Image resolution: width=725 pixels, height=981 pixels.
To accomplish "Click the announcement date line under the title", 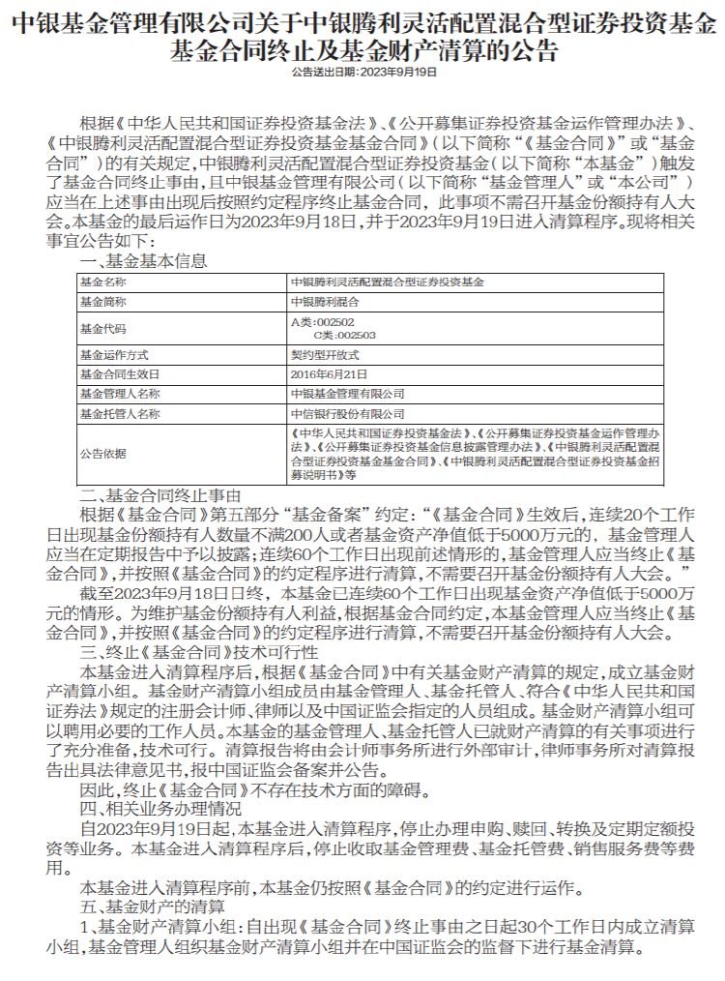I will tap(362, 72).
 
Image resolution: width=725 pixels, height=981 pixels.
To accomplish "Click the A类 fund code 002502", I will tap(322, 321).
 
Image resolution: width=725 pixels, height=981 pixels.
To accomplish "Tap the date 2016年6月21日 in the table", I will tap(322, 373).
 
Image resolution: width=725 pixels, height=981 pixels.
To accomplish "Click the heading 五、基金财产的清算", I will tap(153, 906).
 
